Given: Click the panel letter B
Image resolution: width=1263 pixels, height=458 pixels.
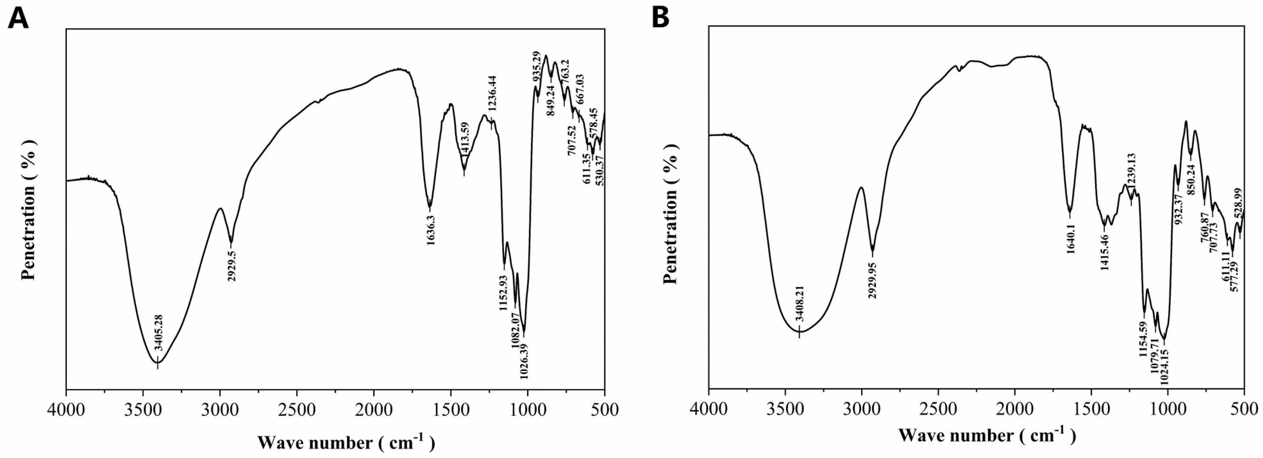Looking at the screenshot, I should click(661, 18).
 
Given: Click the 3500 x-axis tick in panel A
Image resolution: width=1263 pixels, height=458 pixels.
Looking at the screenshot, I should click(143, 409).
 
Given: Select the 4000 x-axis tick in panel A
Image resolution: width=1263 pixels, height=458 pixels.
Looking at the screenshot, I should click(66, 409).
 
